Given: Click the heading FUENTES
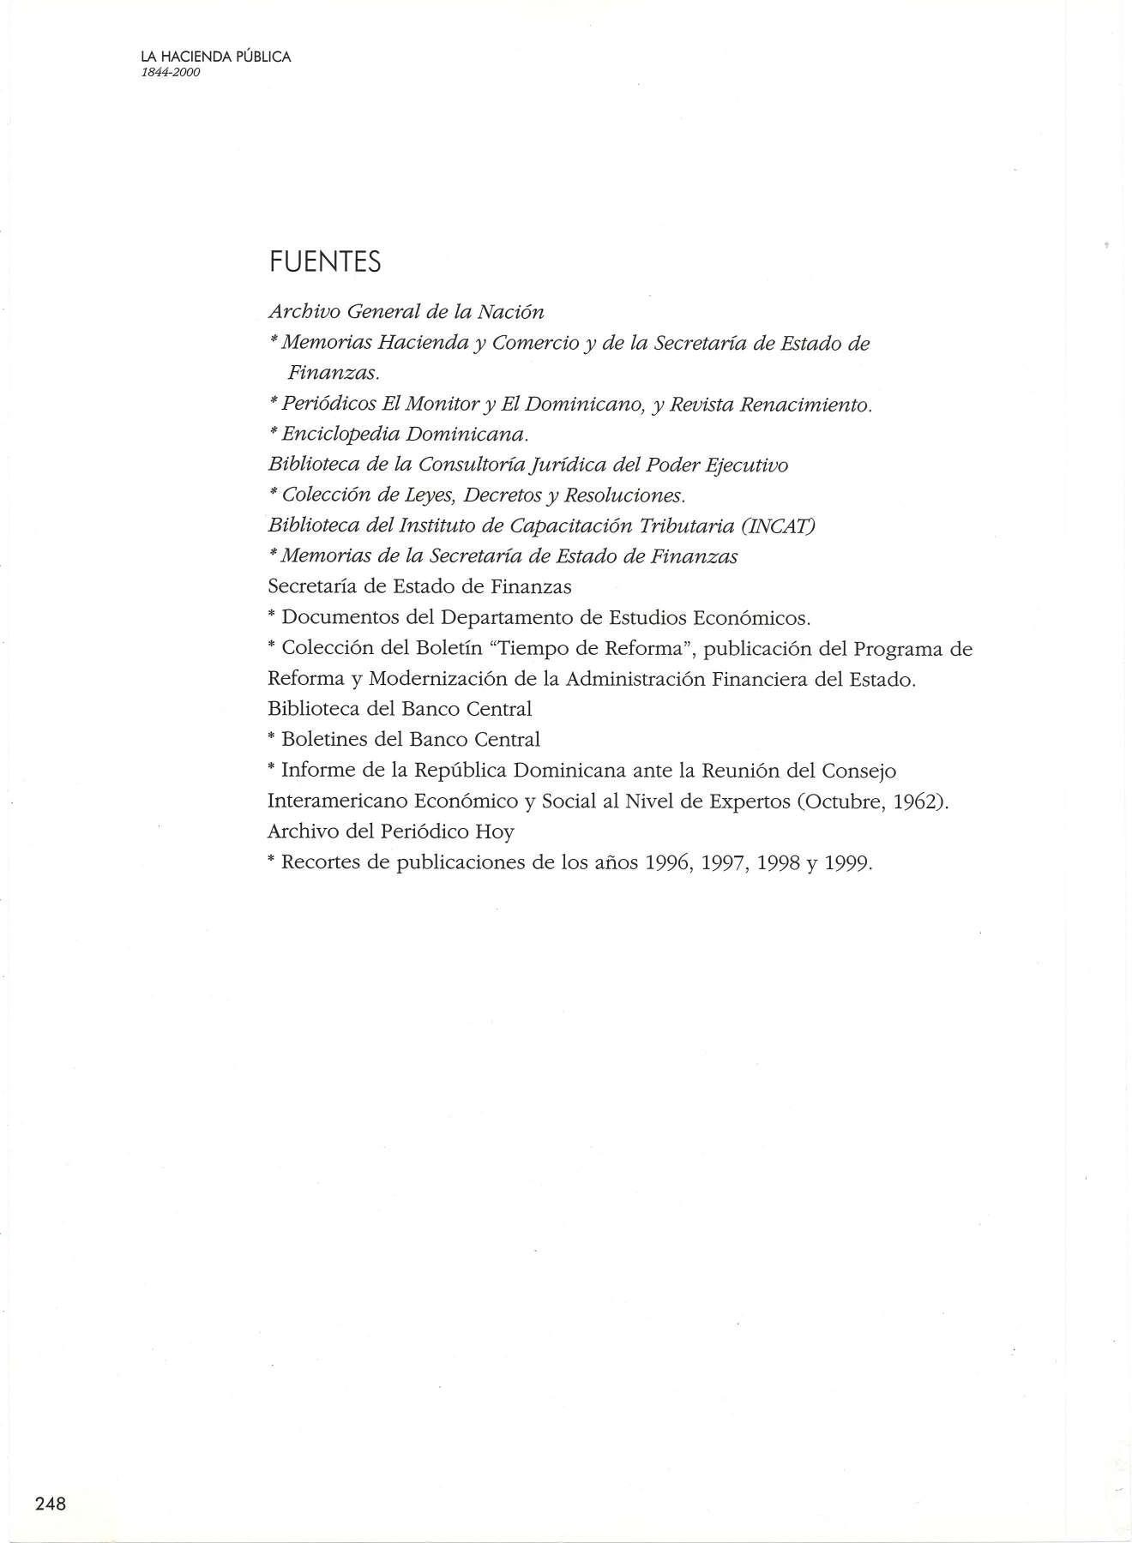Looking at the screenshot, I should click(324, 261).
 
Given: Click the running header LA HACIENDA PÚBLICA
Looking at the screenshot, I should click(216, 57).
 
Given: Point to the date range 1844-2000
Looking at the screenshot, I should click(171, 73).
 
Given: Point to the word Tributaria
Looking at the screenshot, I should click(693, 525).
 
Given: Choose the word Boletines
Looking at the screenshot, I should click(326, 739).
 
